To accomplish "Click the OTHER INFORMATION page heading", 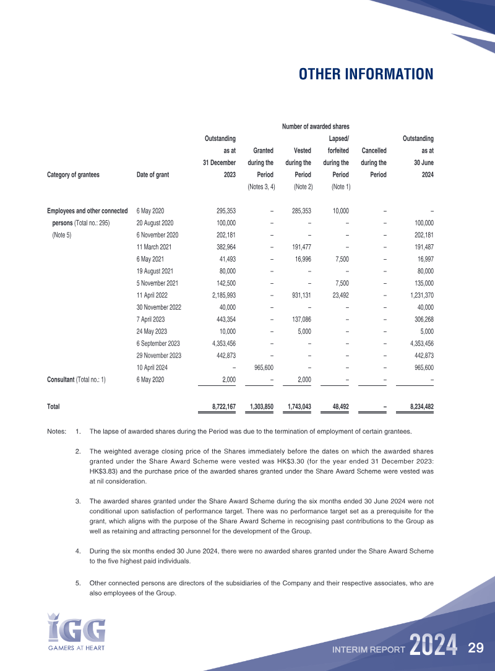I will (366, 74).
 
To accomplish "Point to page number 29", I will (475, 648).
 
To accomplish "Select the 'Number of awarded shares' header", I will (316, 127).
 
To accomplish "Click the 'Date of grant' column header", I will (152, 174).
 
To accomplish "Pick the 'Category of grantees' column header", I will (73, 174).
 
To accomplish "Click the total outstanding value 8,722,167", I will (219, 406).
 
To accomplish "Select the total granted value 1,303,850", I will (259, 406).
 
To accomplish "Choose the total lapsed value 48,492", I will (338, 406).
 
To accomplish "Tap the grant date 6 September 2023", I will (158, 343).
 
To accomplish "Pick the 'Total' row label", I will (53, 406).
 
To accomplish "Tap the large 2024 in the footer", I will (433, 646).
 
